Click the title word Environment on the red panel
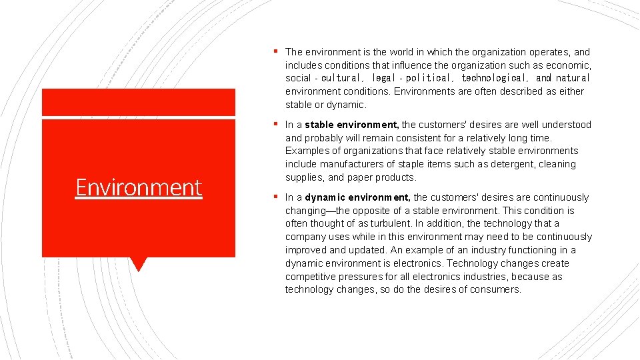click(139, 187)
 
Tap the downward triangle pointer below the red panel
click(139, 263)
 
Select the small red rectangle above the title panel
click(139, 102)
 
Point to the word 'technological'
click(495, 78)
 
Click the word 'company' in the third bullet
click(304, 237)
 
